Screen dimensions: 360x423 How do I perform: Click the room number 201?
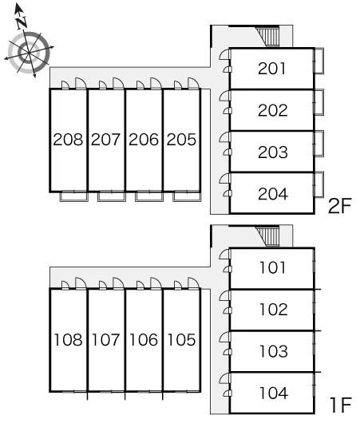click(271, 69)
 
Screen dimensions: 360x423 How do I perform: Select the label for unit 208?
click(68, 140)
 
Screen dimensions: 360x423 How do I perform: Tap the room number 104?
click(273, 393)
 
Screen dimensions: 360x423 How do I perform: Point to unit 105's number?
click(181, 340)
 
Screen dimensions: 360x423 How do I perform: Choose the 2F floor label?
click(340, 206)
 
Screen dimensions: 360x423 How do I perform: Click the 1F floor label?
click(341, 405)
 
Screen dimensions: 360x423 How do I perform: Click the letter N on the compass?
click(22, 22)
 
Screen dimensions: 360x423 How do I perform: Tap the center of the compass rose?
click(29, 53)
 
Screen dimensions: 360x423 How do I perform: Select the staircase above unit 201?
click(268, 37)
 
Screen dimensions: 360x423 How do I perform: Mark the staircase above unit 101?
click(267, 236)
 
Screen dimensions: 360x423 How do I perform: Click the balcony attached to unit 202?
click(318, 102)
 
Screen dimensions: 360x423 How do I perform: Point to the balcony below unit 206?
click(149, 196)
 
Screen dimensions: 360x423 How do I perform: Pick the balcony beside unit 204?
click(318, 185)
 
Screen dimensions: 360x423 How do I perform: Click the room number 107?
click(105, 340)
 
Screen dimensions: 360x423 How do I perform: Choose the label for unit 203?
click(273, 152)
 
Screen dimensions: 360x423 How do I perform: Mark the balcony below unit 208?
click(74, 196)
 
